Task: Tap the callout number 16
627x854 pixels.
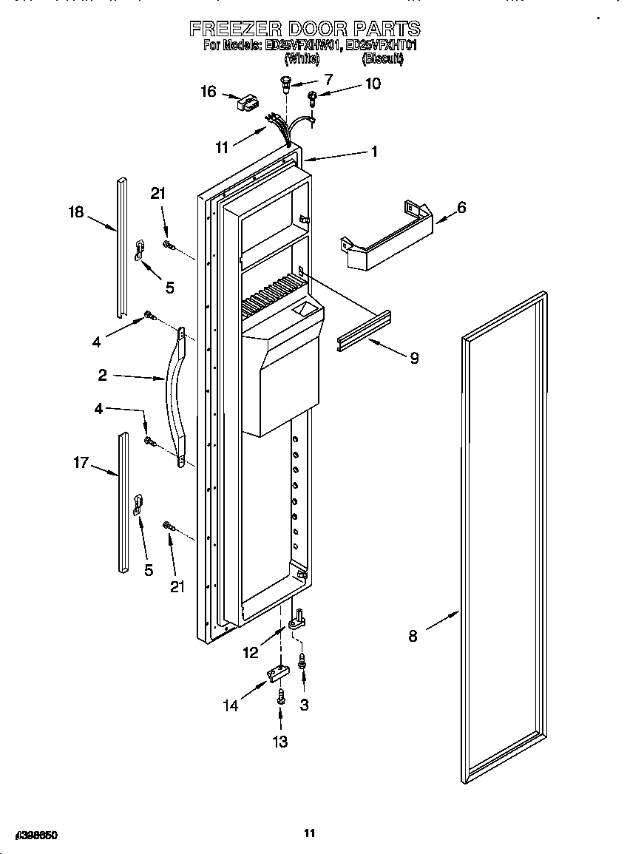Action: coord(209,92)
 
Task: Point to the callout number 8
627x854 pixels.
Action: coord(413,635)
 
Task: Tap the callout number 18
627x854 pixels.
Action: coord(76,211)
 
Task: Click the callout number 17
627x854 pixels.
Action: coord(81,463)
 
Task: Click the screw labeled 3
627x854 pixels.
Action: coord(302,661)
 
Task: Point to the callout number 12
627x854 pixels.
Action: coord(251,652)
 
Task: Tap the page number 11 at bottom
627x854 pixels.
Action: coord(310,833)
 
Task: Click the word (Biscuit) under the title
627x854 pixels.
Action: coord(382,58)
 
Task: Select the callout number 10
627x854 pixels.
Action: coord(373,84)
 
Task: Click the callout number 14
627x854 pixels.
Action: coord(231,705)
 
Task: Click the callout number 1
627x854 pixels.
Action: coord(375,151)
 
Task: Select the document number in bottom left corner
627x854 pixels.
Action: coord(31,835)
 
